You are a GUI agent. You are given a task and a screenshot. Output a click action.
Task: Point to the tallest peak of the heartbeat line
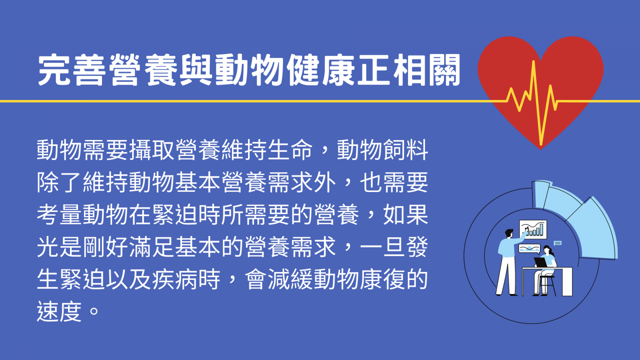coord(533,62)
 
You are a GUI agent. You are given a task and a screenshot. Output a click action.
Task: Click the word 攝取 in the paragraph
coord(152,150)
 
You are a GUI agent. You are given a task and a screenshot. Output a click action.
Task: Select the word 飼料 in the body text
coord(406,150)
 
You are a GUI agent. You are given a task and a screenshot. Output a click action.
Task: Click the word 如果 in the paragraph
coord(406,214)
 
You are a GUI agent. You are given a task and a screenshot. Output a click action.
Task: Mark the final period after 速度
coord(94,311)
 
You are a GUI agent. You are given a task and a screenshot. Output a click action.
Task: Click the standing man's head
coord(509,234)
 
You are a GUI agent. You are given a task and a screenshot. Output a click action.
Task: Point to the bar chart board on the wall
coord(533,230)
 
